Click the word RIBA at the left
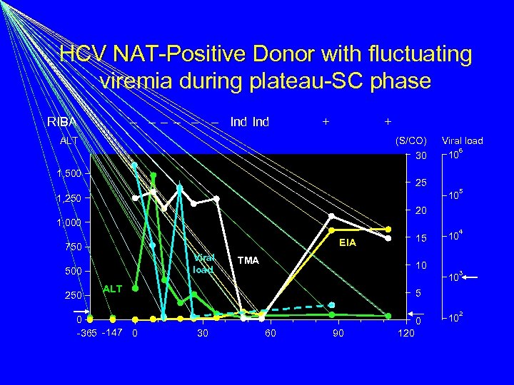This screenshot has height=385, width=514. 62,122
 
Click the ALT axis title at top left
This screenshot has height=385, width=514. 69,141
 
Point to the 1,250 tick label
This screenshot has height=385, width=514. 69,198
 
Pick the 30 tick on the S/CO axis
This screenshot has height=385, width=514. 420,156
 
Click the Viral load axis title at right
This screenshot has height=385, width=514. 463,141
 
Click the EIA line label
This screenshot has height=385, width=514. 348,244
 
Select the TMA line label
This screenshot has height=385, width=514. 249,261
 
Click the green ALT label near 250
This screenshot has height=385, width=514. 113,289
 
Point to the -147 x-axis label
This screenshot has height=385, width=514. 112,333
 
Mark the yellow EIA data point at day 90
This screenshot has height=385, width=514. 331,230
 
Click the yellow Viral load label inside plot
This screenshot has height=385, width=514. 203,263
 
